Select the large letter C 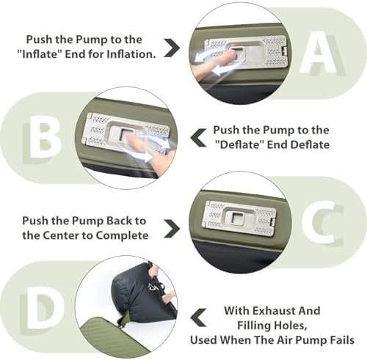(x=321, y=224)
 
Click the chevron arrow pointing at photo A (x=172, y=48)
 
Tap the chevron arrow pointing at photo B (x=198, y=138)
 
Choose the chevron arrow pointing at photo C (x=172, y=229)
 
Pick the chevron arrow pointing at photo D (x=198, y=318)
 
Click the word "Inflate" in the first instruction (x=40, y=54)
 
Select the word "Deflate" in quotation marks (x=239, y=144)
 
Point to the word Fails (x=342, y=340)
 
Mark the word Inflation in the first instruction (x=131, y=54)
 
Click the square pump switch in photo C (x=236, y=217)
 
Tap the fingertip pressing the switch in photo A (x=230, y=56)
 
